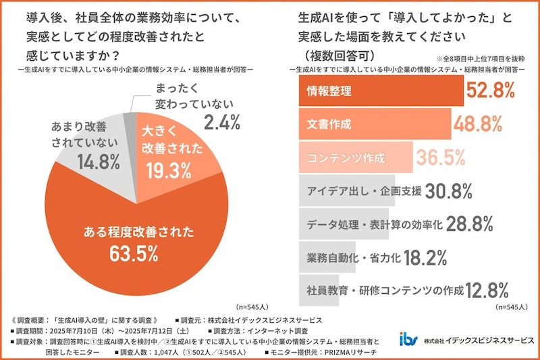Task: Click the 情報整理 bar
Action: (380, 91)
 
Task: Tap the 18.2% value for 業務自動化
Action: (427, 258)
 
